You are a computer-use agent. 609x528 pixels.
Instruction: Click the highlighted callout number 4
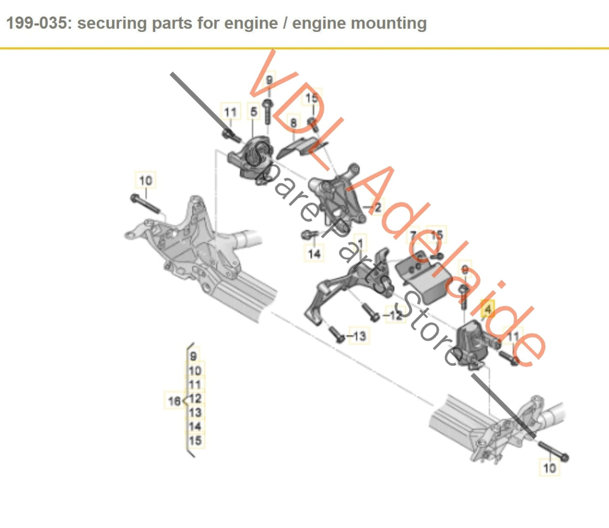pos(488,310)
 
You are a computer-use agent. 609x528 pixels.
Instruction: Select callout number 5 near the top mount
pos(253,112)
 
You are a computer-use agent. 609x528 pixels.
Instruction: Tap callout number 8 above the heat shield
pos(293,123)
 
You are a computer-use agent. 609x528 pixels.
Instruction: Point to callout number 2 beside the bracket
pos(377,207)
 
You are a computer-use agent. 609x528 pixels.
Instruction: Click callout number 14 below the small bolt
pos(314,254)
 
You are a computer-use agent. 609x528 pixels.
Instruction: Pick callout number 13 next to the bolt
pos(359,336)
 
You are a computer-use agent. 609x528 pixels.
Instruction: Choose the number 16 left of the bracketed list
pos(174,401)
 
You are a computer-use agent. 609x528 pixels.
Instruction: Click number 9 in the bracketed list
pos(193,356)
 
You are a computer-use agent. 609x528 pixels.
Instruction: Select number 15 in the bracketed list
pos(195,441)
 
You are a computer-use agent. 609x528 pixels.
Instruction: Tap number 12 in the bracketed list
pos(195,399)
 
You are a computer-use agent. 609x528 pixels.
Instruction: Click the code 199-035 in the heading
pos(37,23)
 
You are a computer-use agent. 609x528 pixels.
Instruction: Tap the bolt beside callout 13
pos(337,335)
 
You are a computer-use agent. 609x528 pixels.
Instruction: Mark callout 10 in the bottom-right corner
pos(550,468)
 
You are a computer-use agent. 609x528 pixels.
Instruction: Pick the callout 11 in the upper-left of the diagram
pos(230,113)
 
